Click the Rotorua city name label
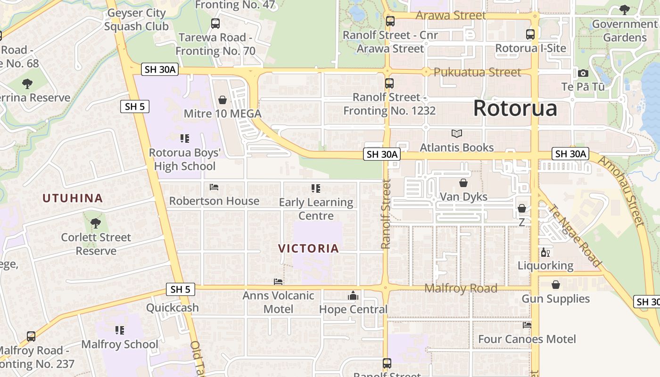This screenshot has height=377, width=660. point(515,108)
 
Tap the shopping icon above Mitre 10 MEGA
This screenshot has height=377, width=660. point(223,100)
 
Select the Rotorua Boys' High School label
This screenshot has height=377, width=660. point(185,159)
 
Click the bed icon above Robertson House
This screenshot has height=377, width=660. point(214,187)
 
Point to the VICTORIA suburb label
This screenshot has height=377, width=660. point(309,248)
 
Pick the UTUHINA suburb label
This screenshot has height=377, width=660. point(73,198)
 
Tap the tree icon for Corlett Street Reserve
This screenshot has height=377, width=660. point(96,222)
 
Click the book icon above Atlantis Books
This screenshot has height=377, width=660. point(456,133)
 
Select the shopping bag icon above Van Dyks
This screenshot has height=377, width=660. point(463,183)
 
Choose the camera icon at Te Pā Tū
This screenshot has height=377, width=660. point(583,73)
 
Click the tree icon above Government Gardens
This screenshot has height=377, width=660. point(625,9)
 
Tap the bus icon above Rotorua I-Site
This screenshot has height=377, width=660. point(530,34)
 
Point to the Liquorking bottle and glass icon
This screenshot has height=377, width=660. point(545,252)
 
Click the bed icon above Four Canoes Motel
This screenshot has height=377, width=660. point(527,325)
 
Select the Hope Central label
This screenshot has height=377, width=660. point(353,309)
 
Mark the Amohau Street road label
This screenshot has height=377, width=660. point(621,191)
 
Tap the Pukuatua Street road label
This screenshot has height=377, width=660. point(477,72)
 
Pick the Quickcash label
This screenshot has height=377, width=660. point(172,308)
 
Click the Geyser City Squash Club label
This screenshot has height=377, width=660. point(136,20)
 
